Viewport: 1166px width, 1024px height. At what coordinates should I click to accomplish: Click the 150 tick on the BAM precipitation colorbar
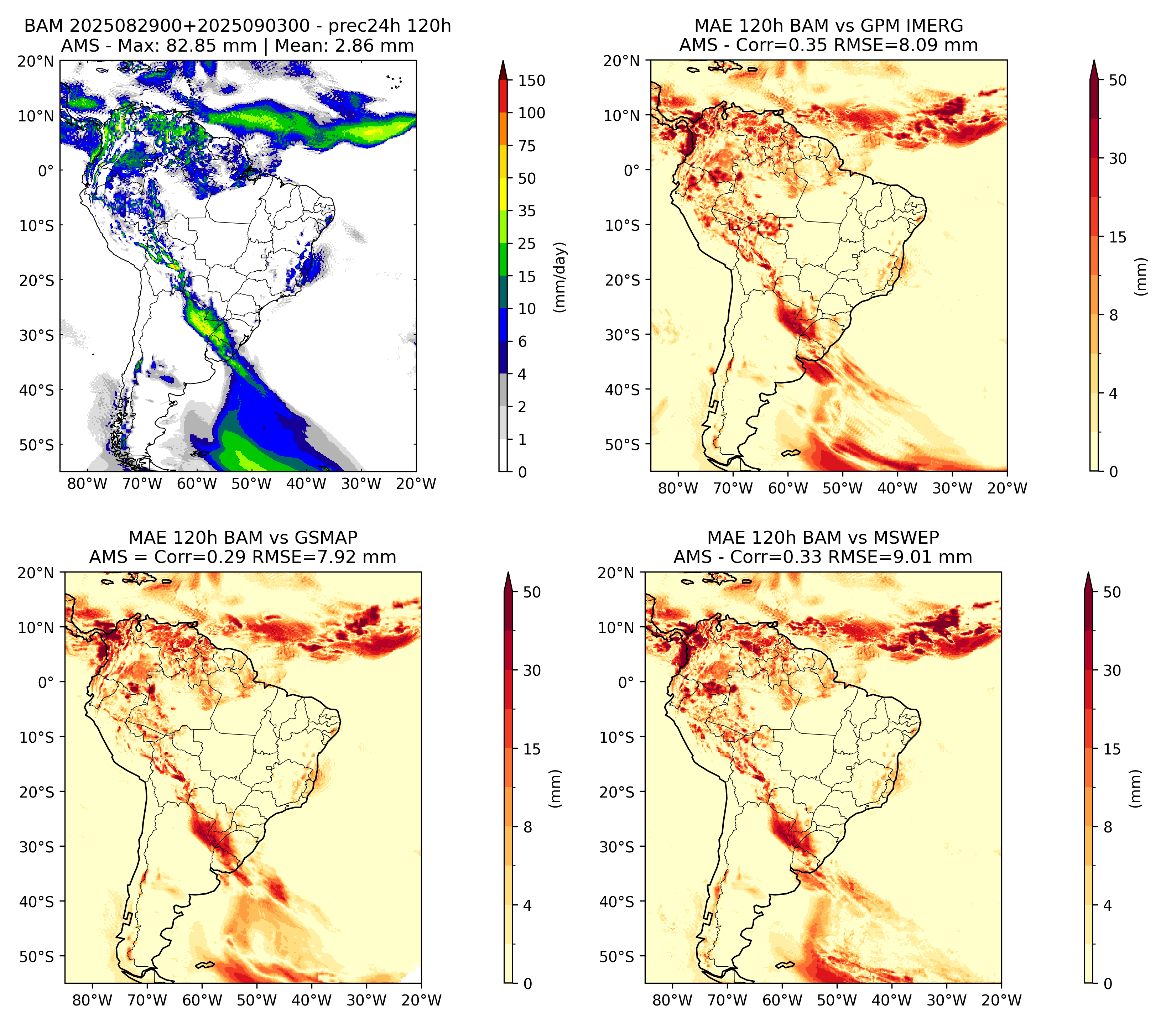[x=531, y=80]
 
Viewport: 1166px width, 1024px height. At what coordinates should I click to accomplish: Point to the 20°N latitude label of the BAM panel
[x=35, y=61]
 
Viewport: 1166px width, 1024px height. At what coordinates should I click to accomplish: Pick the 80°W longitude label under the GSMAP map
[x=92, y=1000]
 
